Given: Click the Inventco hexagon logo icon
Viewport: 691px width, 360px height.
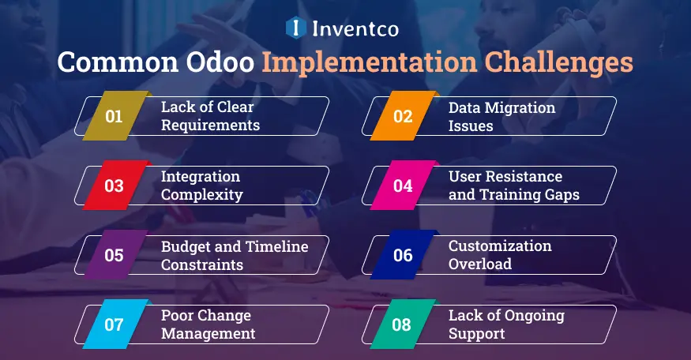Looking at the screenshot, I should click(x=295, y=28).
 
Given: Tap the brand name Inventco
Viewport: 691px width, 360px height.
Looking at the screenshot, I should click(x=355, y=29).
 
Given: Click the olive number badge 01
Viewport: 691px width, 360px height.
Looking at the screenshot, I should click(x=115, y=116).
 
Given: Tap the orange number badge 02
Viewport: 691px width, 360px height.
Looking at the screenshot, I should click(x=403, y=116).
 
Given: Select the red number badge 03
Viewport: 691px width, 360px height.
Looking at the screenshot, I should click(x=115, y=186).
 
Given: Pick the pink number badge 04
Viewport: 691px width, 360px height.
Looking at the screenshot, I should click(x=403, y=186).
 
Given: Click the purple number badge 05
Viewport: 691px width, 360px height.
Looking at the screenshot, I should click(x=115, y=255).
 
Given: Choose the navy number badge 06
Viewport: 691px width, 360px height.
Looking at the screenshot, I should click(x=403, y=255).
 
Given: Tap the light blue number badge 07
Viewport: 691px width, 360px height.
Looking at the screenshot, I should click(x=115, y=324).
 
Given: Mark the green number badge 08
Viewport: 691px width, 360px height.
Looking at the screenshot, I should click(x=403, y=324).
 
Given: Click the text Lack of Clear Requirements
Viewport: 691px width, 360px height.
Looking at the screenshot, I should click(x=210, y=116).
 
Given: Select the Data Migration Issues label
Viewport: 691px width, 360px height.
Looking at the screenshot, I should click(x=501, y=116).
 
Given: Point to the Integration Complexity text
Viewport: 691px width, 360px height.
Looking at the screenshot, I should click(x=201, y=186).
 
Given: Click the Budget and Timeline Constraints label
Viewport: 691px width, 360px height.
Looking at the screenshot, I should click(x=235, y=255).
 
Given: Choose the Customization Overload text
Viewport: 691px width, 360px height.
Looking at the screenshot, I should click(x=500, y=255).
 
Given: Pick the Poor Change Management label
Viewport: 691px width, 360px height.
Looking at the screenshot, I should click(x=208, y=324).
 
